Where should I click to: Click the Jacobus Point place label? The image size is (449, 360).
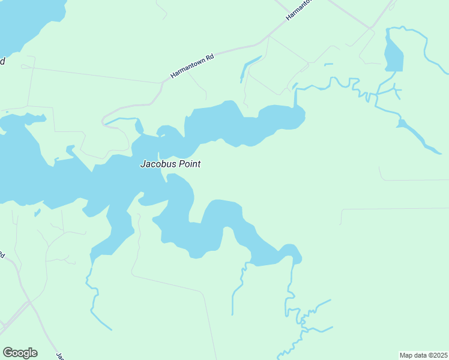click(x=170, y=163)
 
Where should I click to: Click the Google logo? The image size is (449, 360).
click(x=20, y=352)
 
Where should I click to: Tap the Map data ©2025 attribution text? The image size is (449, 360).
click(x=424, y=355)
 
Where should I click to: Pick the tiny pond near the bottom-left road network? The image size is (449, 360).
click(x=37, y=212)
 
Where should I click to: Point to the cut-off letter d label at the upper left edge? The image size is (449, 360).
click(x=2, y=61)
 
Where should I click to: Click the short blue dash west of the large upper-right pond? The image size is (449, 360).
click(x=328, y=64)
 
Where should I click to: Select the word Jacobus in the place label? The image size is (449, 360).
click(x=155, y=163)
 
